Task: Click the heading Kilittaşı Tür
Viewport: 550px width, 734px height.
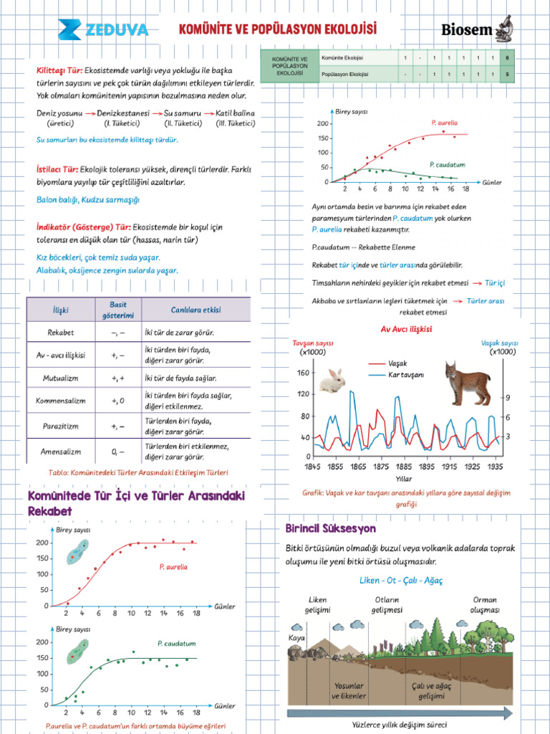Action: pyautogui.click(x=59, y=71)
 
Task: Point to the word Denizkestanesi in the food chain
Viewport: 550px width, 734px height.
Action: pyautogui.click(x=123, y=113)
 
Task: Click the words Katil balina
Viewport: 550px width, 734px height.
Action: pyautogui.click(x=235, y=113)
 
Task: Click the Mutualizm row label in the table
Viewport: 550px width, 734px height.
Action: pyautogui.click(x=60, y=378)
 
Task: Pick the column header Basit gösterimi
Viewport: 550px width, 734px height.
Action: pyautogui.click(x=117, y=310)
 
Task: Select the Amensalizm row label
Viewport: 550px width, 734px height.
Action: pyautogui.click(x=60, y=452)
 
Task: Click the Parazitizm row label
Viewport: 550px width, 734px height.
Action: pyautogui.click(x=60, y=426)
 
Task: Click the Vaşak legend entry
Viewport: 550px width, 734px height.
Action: pyautogui.click(x=397, y=363)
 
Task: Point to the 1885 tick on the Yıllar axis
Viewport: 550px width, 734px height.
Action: pyautogui.click(x=403, y=467)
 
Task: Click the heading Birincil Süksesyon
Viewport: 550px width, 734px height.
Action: pyautogui.click(x=330, y=528)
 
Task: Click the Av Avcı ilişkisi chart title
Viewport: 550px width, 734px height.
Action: pyautogui.click(x=406, y=329)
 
